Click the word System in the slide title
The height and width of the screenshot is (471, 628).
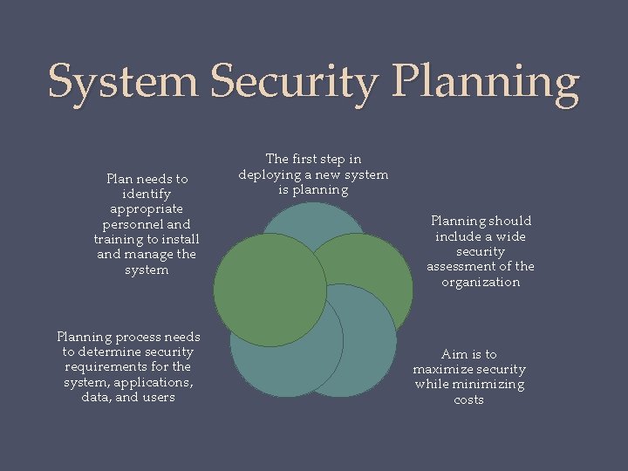coord(123,82)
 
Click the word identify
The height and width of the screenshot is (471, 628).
coord(147,194)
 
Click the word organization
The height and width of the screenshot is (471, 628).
coord(480,283)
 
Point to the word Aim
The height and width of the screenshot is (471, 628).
coord(455,354)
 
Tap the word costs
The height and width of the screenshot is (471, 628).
coord(469,400)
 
